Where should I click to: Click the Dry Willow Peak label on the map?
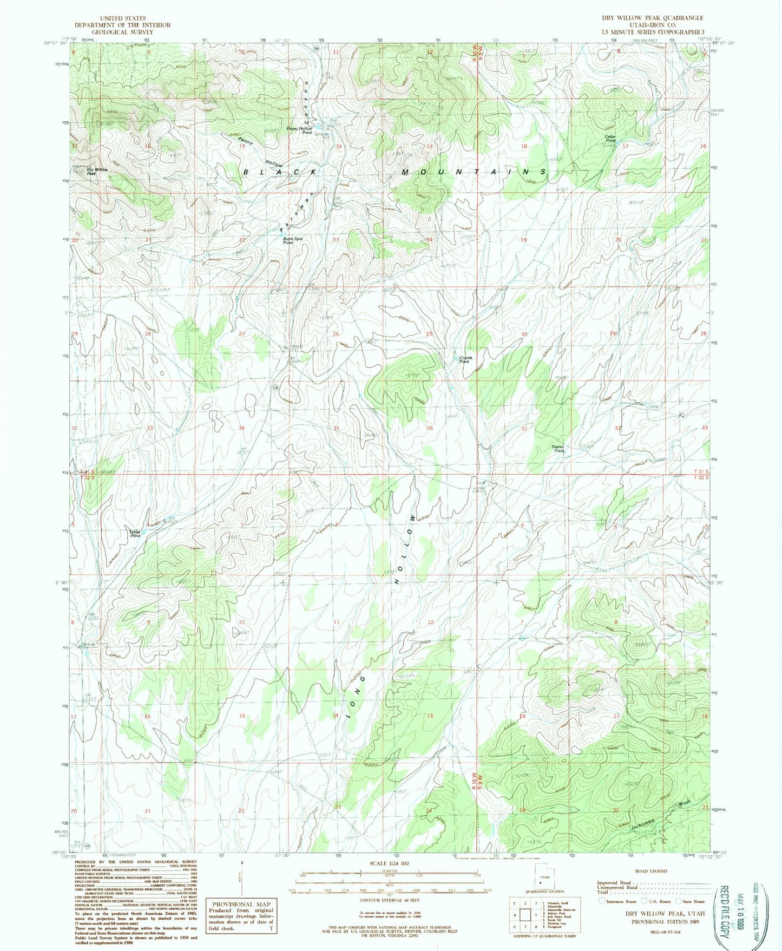pyautogui.click(x=97, y=172)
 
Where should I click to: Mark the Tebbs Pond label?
pyautogui.click(x=135, y=533)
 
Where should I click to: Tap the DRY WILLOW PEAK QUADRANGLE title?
pyautogui.click(x=652, y=18)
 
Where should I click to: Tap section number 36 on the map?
pyautogui.click(x=430, y=428)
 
